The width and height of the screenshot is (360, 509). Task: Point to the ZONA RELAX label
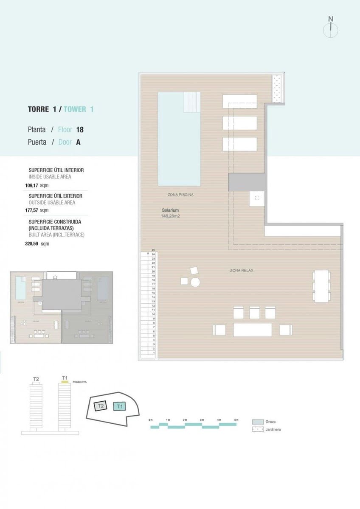tap(242, 270)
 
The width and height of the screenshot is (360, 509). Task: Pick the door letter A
tap(78, 143)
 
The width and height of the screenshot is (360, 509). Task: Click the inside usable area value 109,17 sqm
tap(37, 185)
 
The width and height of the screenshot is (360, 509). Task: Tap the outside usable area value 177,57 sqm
tap(37, 210)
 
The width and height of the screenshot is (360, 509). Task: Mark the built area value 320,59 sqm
tap(37, 244)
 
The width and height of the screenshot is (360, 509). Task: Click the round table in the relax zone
tap(195, 282)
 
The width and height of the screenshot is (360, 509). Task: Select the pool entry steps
tap(192, 102)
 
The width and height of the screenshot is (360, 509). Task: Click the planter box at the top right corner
tap(278, 89)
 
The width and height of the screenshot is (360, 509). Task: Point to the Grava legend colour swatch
tap(258, 422)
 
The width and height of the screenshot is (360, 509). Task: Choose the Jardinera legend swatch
tap(258, 430)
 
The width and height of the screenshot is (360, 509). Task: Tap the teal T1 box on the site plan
tap(120, 406)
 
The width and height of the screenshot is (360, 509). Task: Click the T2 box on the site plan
tap(101, 406)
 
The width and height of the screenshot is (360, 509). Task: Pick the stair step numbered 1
tap(153, 353)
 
